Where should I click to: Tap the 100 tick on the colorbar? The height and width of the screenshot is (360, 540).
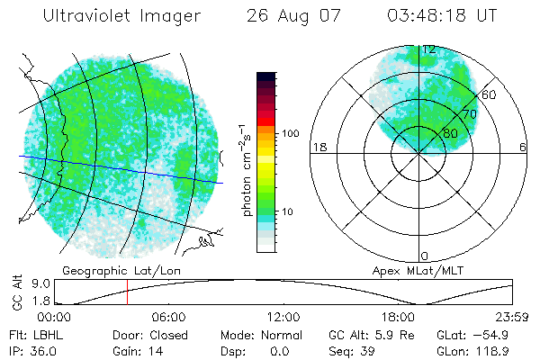click(x=291, y=132)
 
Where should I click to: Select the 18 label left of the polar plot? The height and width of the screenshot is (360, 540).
click(x=318, y=147)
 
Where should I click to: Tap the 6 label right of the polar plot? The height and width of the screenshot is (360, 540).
click(x=522, y=147)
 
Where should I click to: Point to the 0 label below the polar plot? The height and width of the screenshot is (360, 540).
click(x=425, y=256)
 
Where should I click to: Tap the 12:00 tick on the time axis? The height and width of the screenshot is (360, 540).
click(x=283, y=318)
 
